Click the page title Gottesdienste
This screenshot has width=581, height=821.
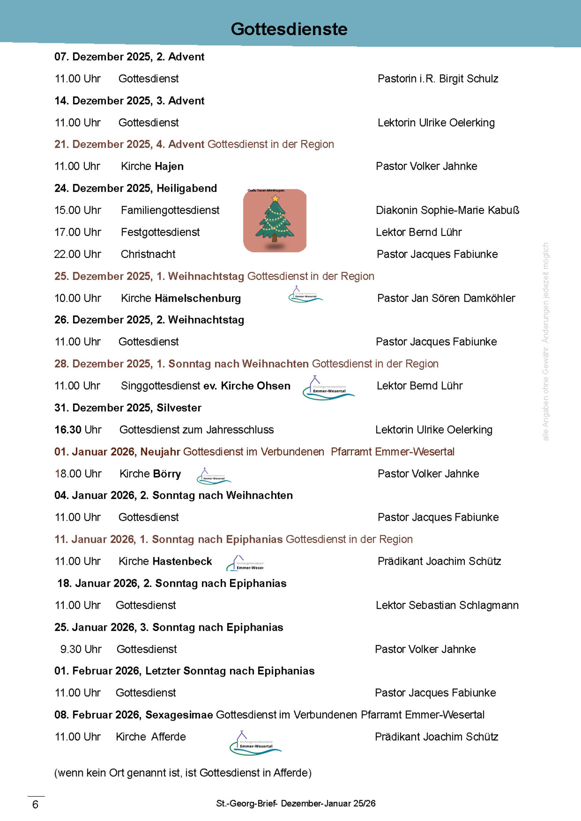tap(289, 29)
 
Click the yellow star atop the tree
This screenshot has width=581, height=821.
tap(275, 198)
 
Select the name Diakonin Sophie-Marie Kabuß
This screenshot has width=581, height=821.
tap(447, 210)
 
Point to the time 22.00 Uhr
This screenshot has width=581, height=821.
tap(77, 254)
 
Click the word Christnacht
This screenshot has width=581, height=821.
tap(148, 254)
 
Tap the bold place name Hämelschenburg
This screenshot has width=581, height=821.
tap(198, 298)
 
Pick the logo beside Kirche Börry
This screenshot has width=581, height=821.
tap(214, 476)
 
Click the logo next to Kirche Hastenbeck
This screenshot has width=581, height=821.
tap(245, 563)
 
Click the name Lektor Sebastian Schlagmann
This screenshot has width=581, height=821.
tap(447, 605)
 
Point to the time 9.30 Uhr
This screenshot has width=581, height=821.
tap(80, 649)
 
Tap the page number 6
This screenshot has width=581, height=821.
tap(35, 805)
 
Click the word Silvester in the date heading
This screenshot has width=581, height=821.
tap(179, 408)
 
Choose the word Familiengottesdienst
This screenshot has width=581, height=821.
tap(170, 210)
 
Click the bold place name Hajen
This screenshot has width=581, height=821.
tap(169, 166)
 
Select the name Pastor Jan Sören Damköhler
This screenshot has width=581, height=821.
tap(446, 298)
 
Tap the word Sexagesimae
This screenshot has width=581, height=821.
tap(179, 715)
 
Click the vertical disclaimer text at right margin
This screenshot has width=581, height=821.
tap(545, 342)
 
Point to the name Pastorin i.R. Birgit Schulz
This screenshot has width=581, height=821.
tap(438, 79)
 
